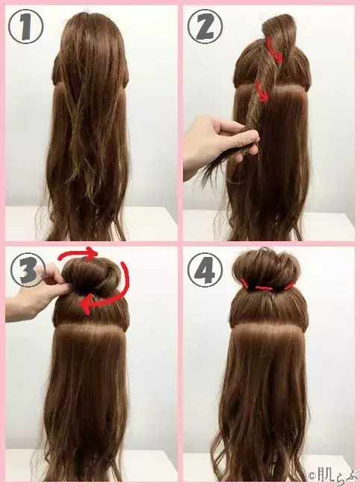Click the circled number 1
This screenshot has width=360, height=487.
coord(26,25)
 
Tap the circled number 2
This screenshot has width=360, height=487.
coord(205,25)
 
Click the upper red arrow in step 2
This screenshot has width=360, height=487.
coord(275,52)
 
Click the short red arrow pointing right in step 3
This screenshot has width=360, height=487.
coord(78,254)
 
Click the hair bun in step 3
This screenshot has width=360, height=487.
coord(93,276)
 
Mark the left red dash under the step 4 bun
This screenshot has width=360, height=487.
coord(246,283)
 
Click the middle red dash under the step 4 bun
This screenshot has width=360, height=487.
coord(264,288)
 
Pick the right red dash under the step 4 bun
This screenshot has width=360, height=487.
coord(290,285)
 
